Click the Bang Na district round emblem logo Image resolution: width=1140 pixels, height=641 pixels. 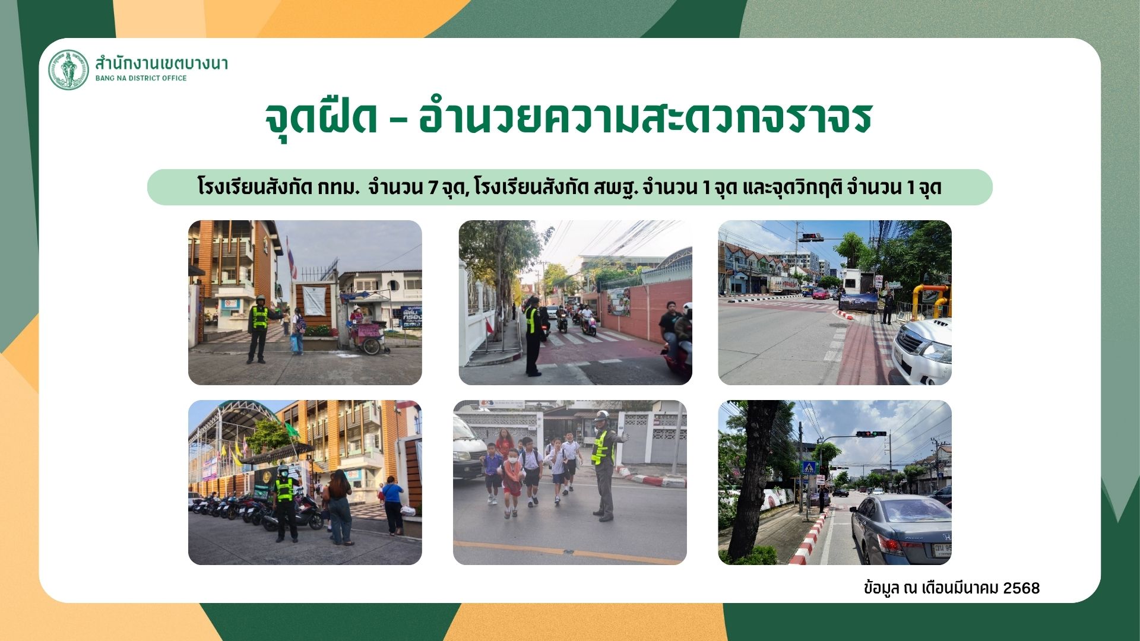tap(68, 69)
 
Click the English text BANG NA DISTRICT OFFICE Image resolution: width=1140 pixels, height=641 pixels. tap(141, 78)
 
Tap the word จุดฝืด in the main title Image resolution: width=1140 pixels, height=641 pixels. tap(321, 118)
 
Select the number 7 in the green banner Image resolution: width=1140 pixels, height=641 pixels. tap(433, 188)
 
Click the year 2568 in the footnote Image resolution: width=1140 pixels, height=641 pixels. tap(1021, 588)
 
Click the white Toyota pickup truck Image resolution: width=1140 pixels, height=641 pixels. tap(922, 350)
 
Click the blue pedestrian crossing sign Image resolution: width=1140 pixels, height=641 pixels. tap(809, 467)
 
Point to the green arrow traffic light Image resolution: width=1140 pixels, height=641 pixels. tap(871, 434)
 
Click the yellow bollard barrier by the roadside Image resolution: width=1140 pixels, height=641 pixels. tap(931, 300)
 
